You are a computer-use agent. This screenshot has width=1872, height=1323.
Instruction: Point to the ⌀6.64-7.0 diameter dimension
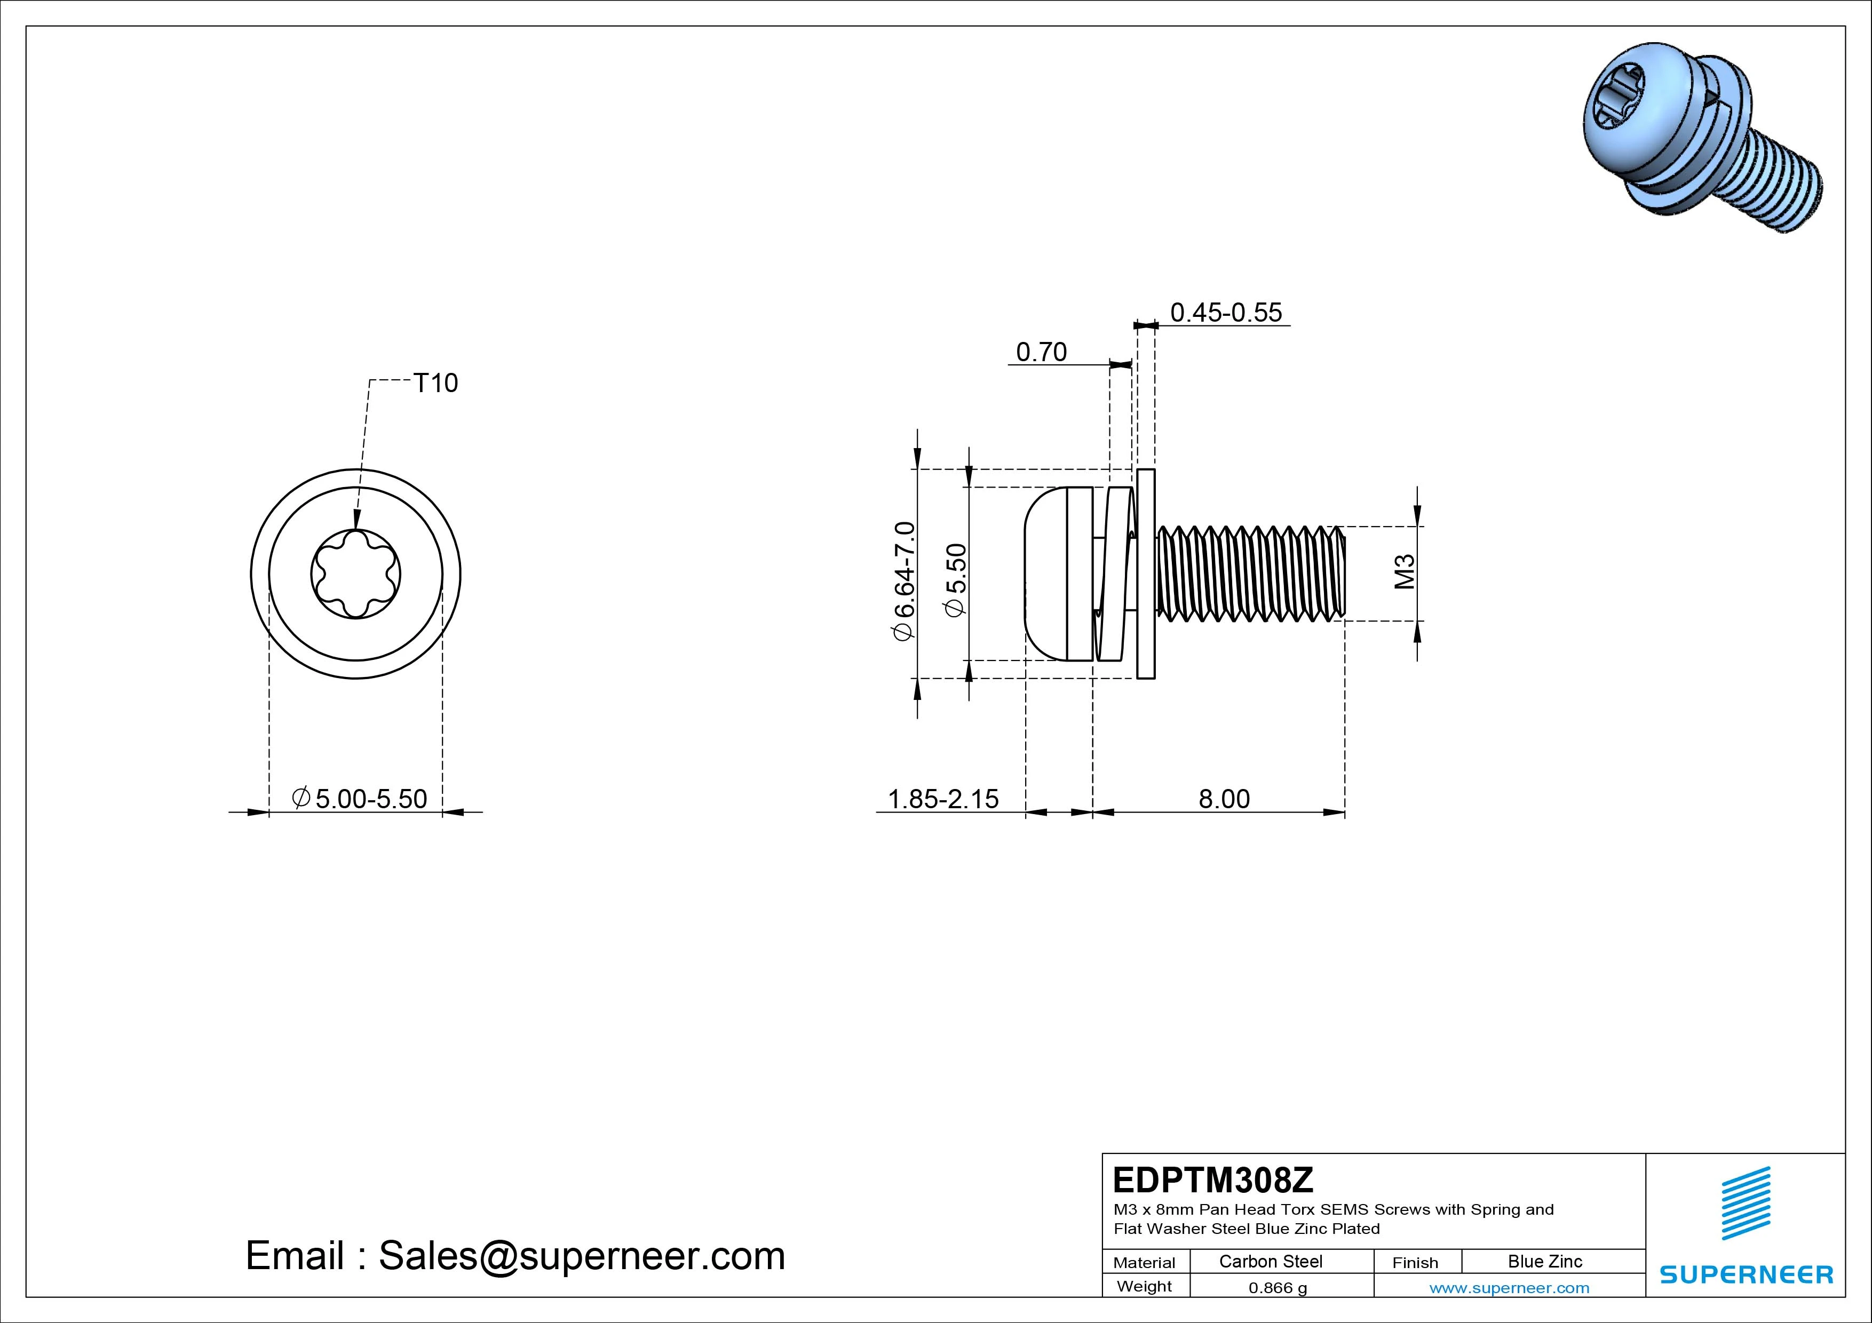(905, 580)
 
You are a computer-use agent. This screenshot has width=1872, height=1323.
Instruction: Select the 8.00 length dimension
(1224, 799)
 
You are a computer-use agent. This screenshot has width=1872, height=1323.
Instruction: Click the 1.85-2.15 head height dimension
(942, 799)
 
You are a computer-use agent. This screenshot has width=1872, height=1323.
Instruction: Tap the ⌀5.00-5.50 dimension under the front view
(360, 799)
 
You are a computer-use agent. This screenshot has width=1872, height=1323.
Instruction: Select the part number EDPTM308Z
(1213, 1179)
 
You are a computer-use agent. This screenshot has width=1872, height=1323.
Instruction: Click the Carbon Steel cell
(1270, 1261)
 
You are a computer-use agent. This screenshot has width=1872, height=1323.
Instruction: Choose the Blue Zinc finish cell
(1544, 1261)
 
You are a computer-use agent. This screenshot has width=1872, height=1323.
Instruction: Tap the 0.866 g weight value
(1278, 1288)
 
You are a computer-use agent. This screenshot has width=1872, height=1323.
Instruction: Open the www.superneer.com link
(1509, 1288)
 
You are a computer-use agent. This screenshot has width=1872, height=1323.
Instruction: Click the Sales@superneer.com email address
(581, 1256)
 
